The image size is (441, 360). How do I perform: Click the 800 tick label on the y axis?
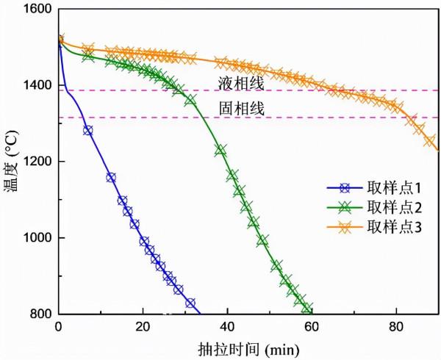click(x=40, y=314)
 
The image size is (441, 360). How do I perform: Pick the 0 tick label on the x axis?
click(x=59, y=327)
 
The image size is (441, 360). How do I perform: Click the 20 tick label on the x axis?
click(x=143, y=327)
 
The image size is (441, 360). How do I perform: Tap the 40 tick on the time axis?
click(x=227, y=327)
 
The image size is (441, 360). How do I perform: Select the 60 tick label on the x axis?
click(x=312, y=327)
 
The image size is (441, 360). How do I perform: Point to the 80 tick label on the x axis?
click(x=396, y=327)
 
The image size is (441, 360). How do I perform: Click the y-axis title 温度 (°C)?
click(x=11, y=162)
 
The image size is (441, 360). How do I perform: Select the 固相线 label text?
click(x=240, y=108)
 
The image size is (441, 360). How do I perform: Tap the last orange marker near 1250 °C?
click(x=429, y=141)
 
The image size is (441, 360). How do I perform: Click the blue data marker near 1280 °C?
click(x=88, y=130)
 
